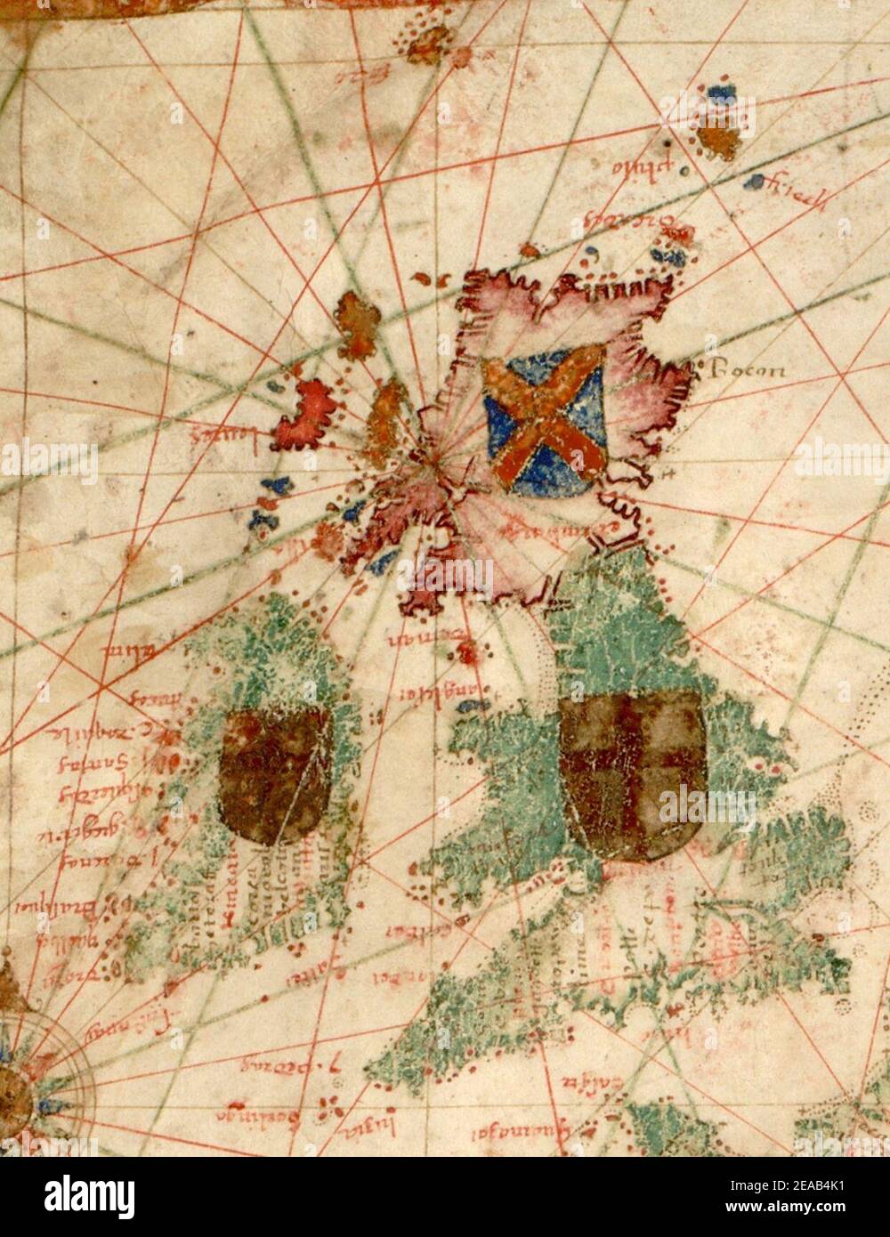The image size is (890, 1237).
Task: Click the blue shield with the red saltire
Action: [546, 420]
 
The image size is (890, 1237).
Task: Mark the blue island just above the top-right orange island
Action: [717, 94]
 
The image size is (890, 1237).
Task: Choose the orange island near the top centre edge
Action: [430, 41]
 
